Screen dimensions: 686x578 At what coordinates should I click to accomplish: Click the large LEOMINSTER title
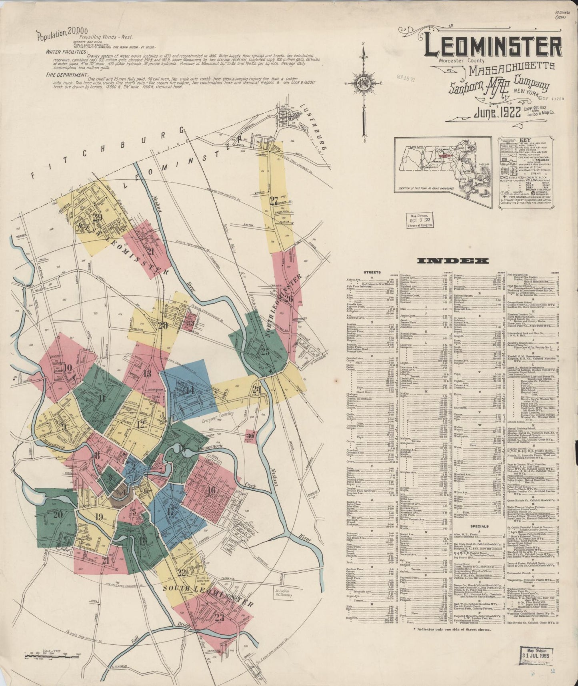click(x=492, y=48)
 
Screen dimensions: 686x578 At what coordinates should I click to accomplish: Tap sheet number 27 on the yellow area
click(x=273, y=201)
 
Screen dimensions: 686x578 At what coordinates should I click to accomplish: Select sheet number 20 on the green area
click(x=58, y=515)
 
